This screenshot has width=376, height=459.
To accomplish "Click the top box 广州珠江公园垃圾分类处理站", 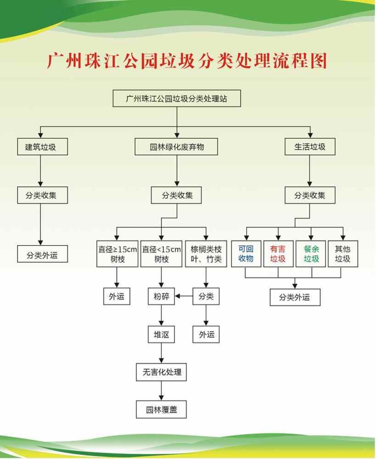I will pos(177,99).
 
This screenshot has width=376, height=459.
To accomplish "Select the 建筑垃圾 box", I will pos(42,147).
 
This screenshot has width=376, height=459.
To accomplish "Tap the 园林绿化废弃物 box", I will pos(177,147).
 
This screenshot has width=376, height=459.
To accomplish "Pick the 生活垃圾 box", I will pos(310,147).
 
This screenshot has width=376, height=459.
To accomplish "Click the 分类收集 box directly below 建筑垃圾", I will pos(42,196).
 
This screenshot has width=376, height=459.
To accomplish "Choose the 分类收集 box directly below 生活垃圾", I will pos(310,196).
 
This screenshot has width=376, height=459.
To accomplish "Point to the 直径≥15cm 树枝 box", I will pos(117,254).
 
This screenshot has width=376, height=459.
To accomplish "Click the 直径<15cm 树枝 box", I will pos(161,254).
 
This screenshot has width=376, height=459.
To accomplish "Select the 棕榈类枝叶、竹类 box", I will pos(206,254).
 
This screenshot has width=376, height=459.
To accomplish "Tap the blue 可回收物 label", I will pos(246,254).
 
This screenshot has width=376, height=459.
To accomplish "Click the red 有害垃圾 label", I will pos(278,254).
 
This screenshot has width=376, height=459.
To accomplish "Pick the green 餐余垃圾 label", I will pos(311,254).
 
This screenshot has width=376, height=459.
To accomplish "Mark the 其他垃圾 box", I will pos(342,254).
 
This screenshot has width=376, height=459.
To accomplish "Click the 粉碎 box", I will pos(161,297).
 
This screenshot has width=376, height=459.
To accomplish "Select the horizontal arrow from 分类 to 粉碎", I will pos(184,297).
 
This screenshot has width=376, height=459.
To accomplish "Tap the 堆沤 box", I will pos(161,335).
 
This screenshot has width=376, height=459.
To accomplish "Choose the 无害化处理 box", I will pos(162,372).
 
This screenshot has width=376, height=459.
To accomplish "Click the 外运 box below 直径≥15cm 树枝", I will pos(117,297).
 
